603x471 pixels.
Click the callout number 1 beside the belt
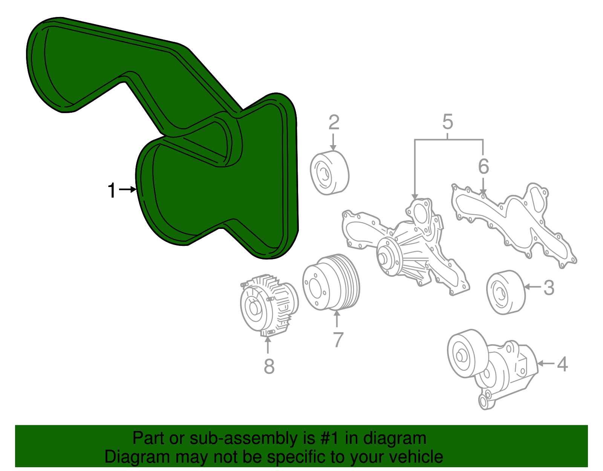pyautogui.click(x=112, y=190)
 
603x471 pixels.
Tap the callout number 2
pyautogui.click(x=334, y=123)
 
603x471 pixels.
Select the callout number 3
pyautogui.click(x=549, y=288)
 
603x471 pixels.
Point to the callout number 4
pyautogui.click(x=562, y=364)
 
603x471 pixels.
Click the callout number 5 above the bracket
pyautogui.click(x=447, y=122)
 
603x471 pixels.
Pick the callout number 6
pyautogui.click(x=483, y=166)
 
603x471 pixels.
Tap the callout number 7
pyautogui.click(x=338, y=340)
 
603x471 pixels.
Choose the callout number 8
pyautogui.click(x=269, y=366)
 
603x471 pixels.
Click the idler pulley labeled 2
pyautogui.click(x=329, y=173)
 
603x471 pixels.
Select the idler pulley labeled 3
pyautogui.click(x=505, y=292)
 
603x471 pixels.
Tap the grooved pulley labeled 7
pyautogui.click(x=331, y=283)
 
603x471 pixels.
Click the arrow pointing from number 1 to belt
pyautogui.click(x=127, y=190)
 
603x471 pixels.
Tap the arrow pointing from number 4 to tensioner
pyautogui.click(x=546, y=364)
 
